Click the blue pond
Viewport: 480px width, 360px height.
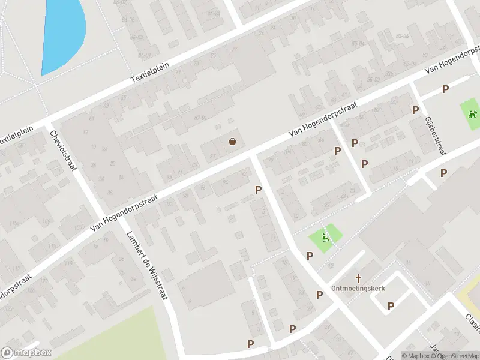pos(63,33)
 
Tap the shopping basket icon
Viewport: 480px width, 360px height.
pos(232,142)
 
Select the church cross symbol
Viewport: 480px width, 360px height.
pos(359,278)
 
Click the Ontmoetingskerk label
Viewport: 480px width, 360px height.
pos(358,288)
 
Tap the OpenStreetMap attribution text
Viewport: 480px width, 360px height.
pos(453,356)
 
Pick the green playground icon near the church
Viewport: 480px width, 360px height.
pos(326,238)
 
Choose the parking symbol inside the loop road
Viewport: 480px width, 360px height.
pos(391,306)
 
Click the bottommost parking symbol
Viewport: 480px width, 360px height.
pos(250,344)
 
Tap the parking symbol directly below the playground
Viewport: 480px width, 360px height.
pos(310,256)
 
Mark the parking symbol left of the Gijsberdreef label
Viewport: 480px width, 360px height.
pos(415,110)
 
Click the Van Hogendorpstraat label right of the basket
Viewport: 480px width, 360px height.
pos(323,118)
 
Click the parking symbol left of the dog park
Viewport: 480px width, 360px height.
pos(445,89)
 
